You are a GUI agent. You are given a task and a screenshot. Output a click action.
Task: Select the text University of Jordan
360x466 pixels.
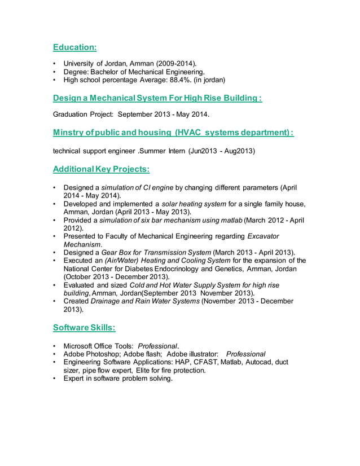pyautogui.click(x=93, y=64)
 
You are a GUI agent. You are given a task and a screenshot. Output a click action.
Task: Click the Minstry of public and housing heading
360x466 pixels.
pyautogui.click(x=173, y=133)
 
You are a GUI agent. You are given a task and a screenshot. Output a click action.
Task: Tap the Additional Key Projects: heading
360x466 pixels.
pyautogui.click(x=101, y=169)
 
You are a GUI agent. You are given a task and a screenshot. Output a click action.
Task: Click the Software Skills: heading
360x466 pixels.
pyautogui.click(x=84, y=328)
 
